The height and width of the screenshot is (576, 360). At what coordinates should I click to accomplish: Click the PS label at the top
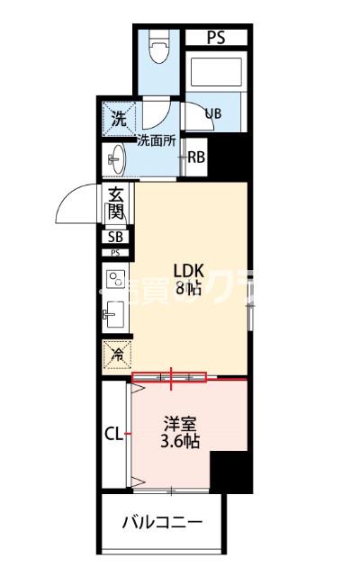(x=216, y=38)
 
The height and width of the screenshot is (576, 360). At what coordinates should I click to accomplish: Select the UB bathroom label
(x=213, y=113)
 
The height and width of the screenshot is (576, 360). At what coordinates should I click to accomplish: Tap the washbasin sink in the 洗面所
(x=114, y=162)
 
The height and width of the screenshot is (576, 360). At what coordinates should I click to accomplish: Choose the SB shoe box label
(x=115, y=238)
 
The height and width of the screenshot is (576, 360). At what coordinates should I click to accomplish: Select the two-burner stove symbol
(x=115, y=283)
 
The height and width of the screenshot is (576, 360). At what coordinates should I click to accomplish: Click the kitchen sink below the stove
(x=115, y=316)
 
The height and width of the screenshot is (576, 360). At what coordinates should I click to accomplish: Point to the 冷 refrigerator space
(x=116, y=355)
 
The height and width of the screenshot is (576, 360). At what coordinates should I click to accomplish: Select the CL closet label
(x=112, y=434)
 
